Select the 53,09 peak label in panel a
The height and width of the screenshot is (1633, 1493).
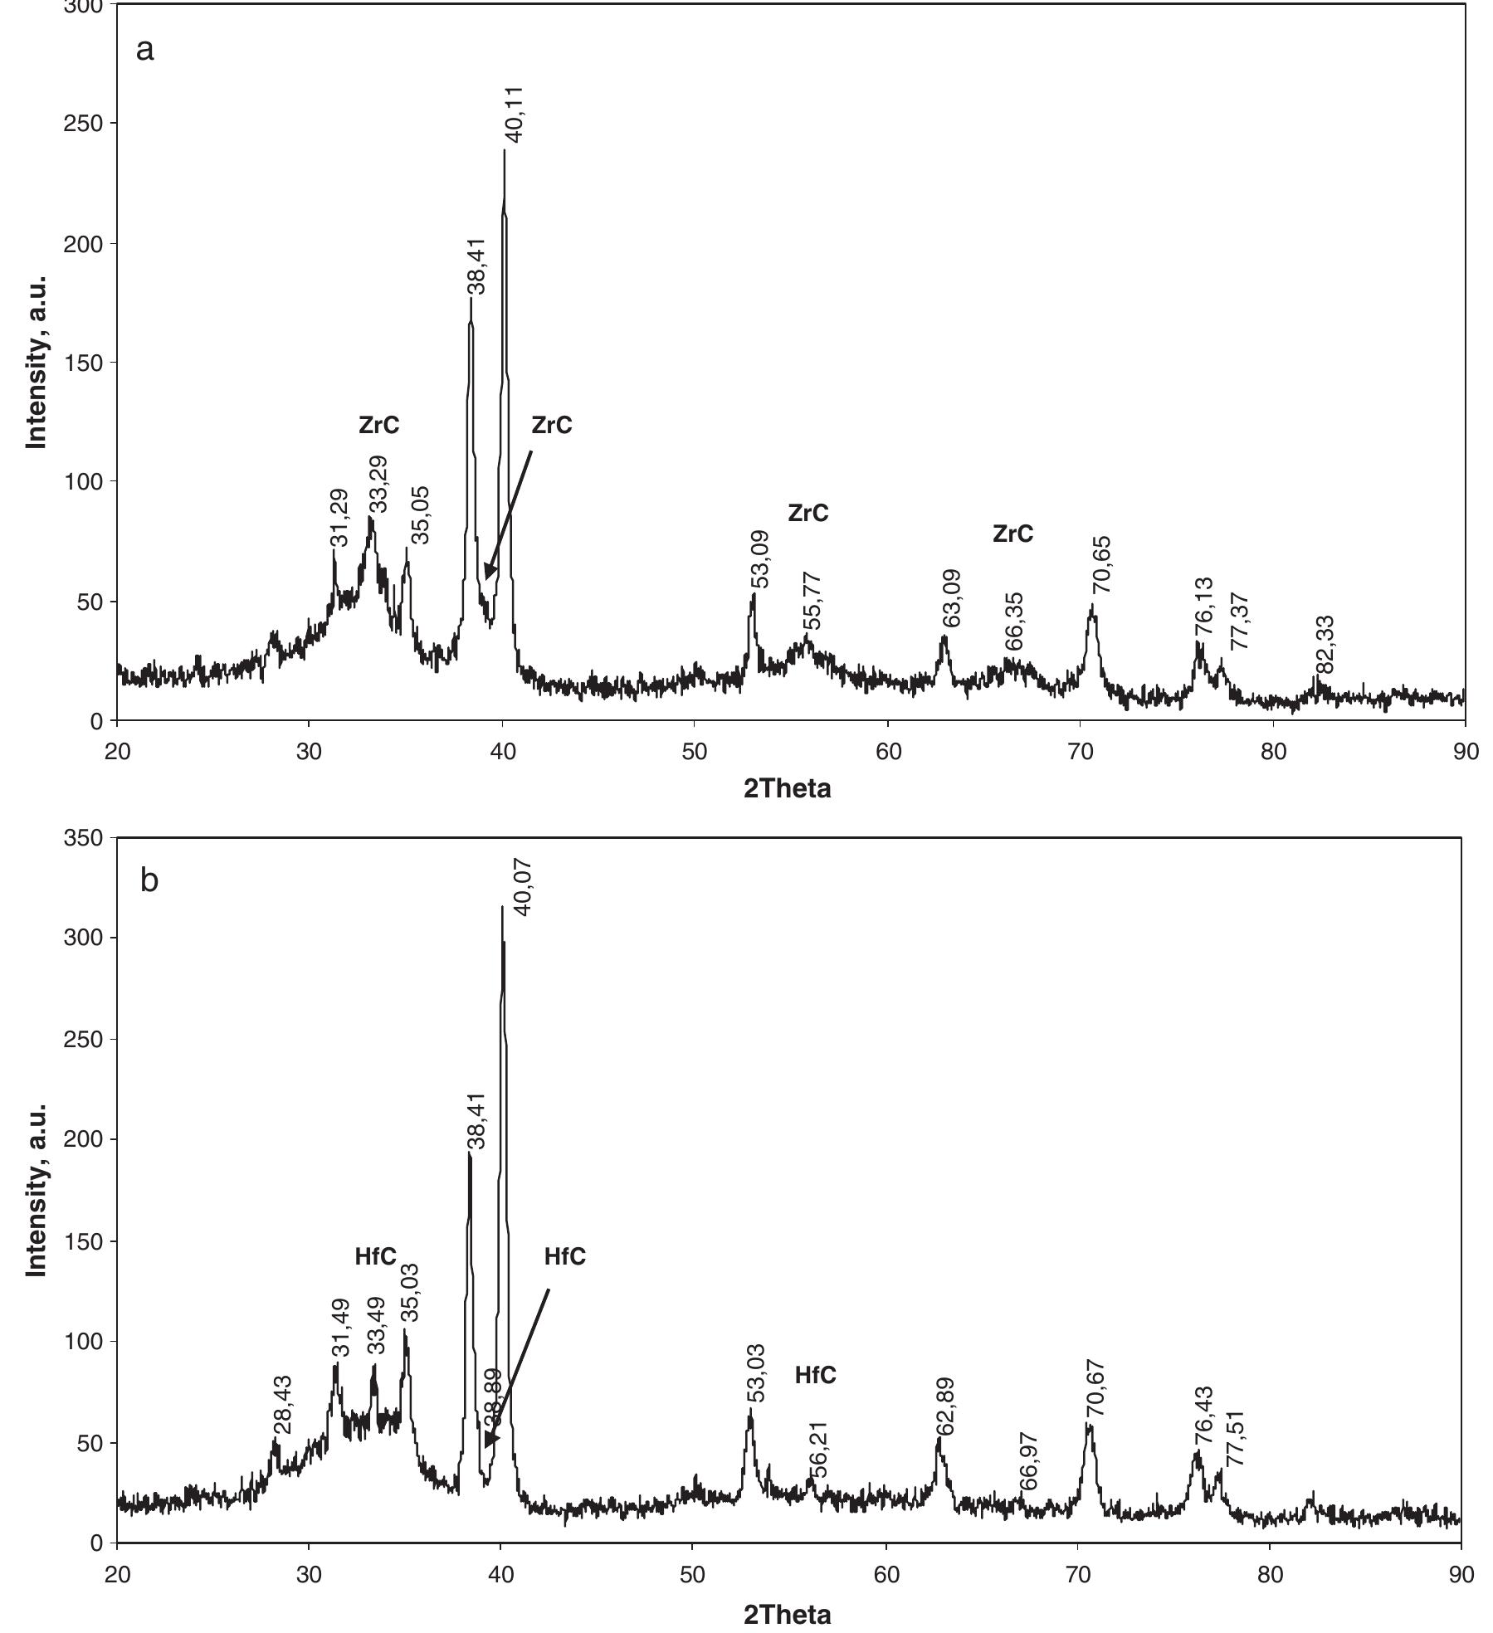760,558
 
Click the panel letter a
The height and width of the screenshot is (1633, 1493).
144,50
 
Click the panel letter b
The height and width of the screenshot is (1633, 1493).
149,880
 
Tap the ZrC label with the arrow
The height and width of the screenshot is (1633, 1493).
552,425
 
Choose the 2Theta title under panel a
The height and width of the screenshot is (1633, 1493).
786,788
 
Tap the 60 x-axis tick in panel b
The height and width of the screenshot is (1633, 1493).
886,1574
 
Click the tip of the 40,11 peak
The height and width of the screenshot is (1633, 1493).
504,151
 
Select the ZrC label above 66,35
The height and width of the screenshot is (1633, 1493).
1012,534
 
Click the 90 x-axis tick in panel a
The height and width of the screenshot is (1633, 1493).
1466,752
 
